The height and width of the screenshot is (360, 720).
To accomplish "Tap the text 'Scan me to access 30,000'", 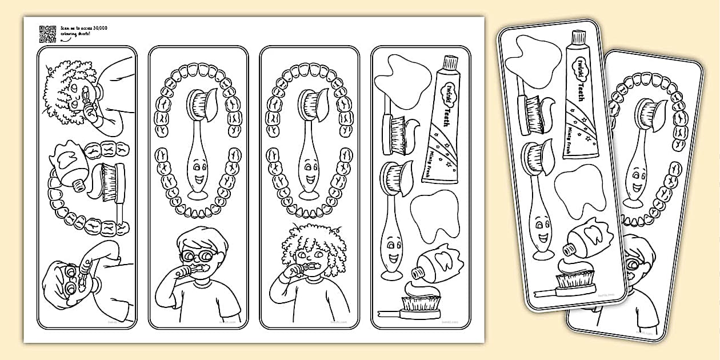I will pyautogui.click(x=84, y=28).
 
